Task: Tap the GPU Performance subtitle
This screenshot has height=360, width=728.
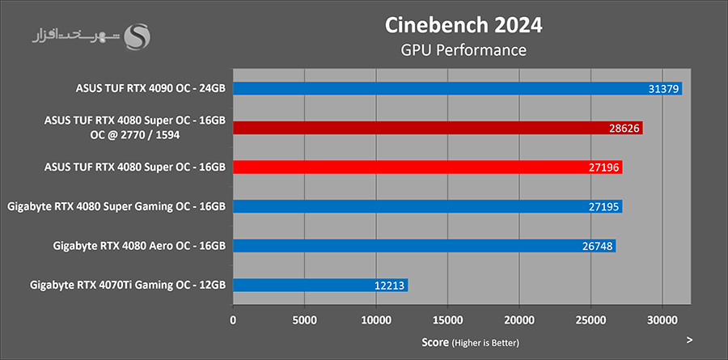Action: [x=463, y=50]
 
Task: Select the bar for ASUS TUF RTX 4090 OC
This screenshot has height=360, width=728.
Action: [x=457, y=88]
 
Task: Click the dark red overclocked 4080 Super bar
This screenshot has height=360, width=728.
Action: [x=438, y=128]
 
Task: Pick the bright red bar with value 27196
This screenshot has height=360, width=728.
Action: [x=427, y=167]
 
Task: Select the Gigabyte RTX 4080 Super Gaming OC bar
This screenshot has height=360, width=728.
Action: [x=427, y=206]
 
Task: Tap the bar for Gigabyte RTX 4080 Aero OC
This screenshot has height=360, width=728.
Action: [x=424, y=245]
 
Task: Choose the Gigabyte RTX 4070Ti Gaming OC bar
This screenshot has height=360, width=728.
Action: [x=320, y=285]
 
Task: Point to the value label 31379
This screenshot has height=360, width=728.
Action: [x=664, y=89]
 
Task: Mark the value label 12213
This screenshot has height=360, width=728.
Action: [x=390, y=286]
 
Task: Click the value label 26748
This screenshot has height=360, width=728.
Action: [x=598, y=246]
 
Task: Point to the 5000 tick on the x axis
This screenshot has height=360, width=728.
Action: [x=304, y=320]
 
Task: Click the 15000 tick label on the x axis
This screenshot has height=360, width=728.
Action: [x=447, y=320]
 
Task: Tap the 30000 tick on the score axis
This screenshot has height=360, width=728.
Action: [x=662, y=320]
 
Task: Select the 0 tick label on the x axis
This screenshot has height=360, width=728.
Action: [x=233, y=320]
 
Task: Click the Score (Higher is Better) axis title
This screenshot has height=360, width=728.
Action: [x=470, y=342]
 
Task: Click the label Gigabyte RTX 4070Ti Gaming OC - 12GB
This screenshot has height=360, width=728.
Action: [x=127, y=285]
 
